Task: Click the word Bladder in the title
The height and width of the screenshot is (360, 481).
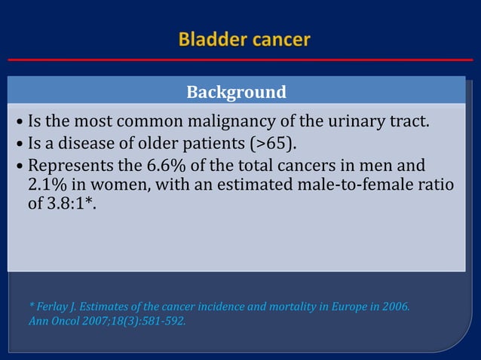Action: tap(207, 40)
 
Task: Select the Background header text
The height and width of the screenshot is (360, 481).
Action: tap(236, 93)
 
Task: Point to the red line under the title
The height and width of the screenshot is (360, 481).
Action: tap(240, 59)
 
